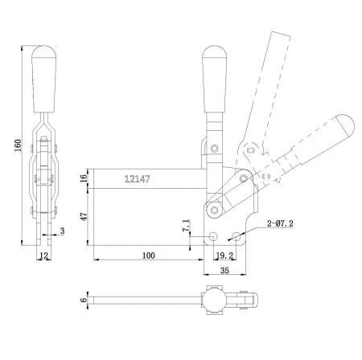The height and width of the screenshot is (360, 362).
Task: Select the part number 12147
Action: pos(138,180)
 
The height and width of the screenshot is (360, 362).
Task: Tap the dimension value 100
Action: pos(147,256)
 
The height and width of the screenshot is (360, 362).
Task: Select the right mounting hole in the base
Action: pos(234,237)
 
